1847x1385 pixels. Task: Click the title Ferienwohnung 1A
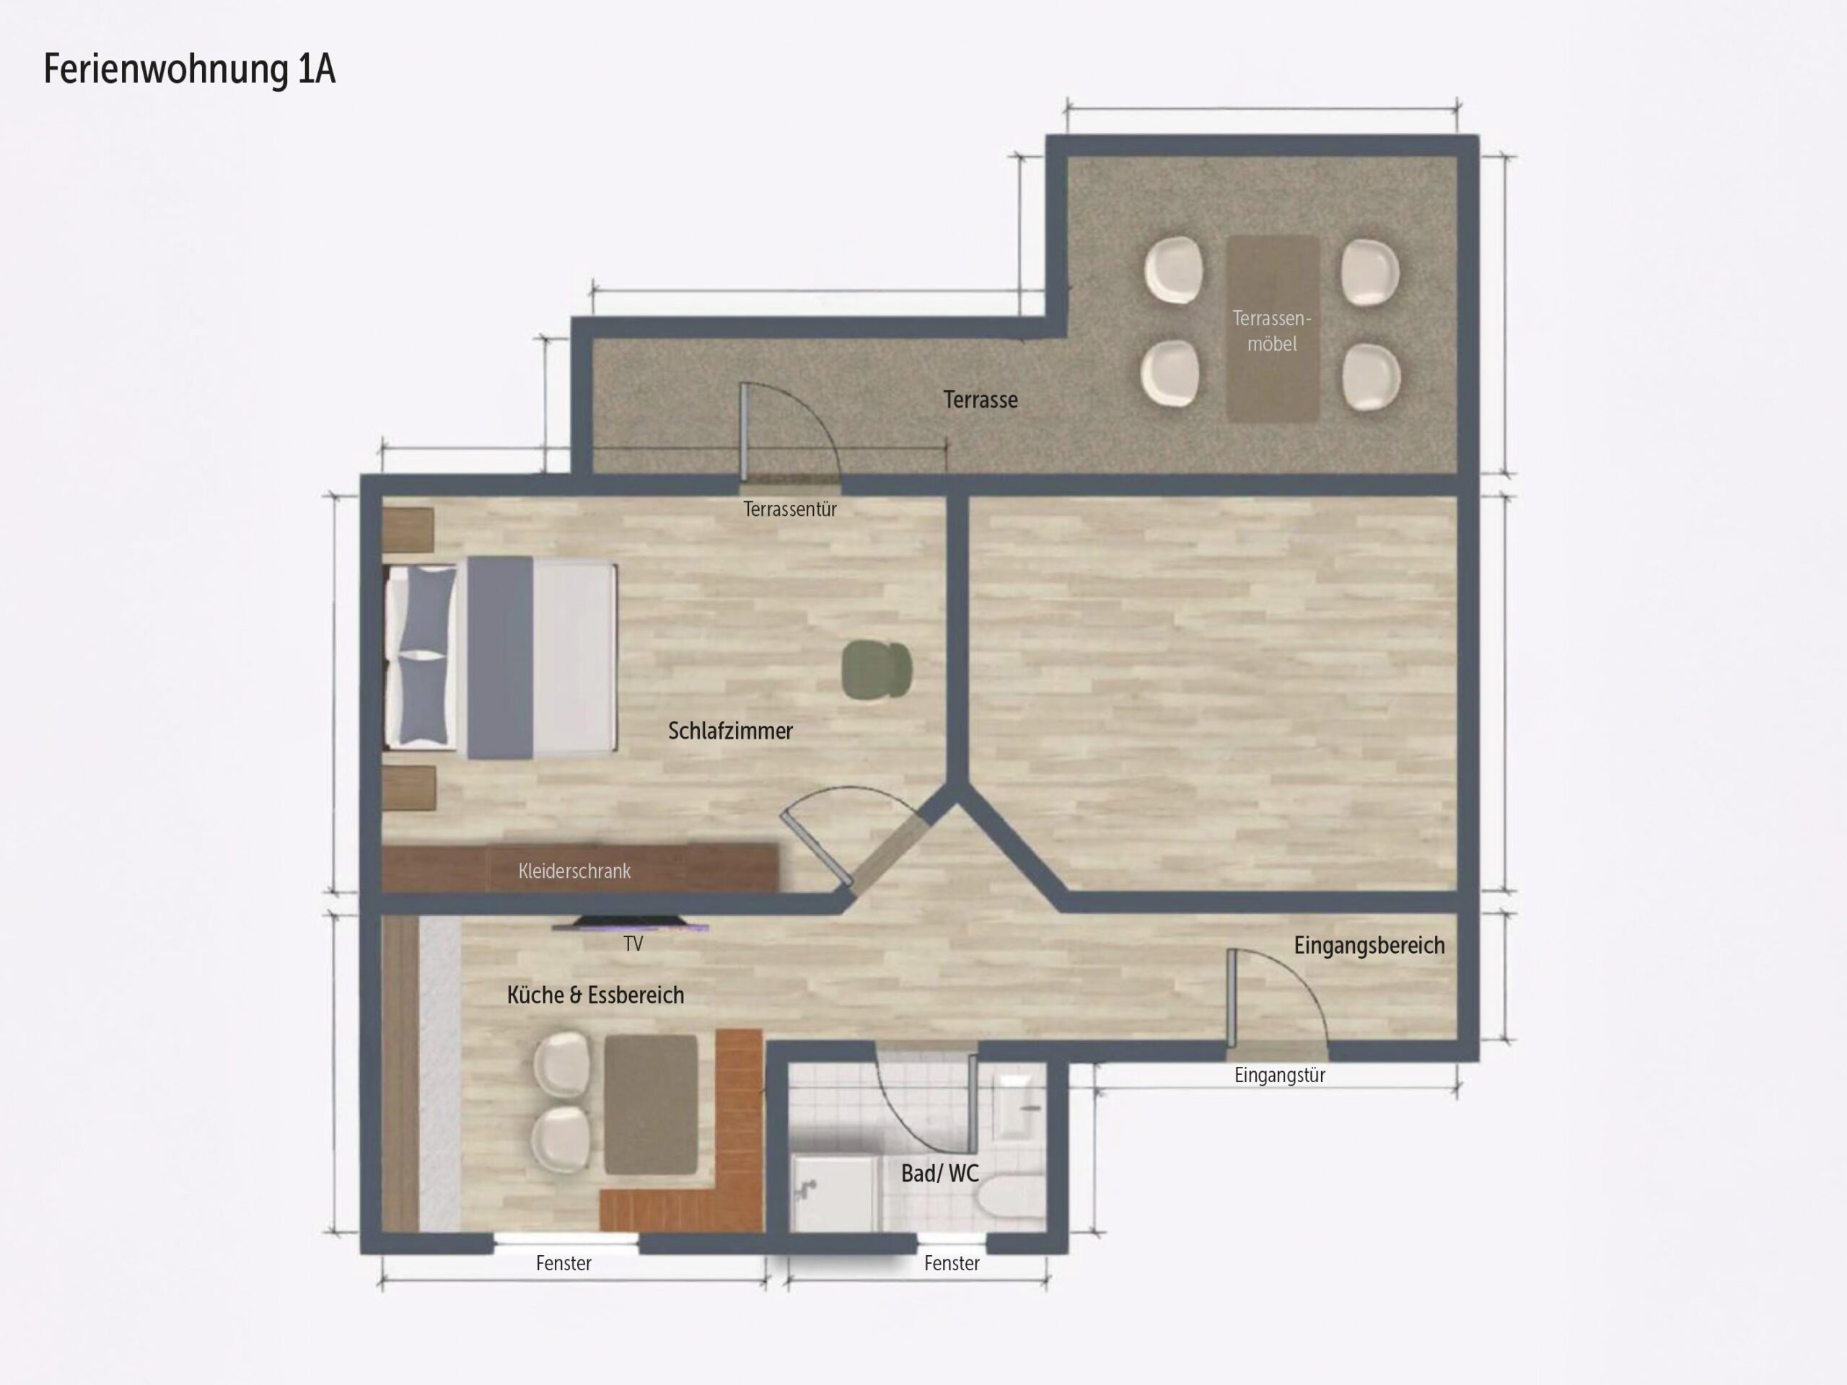click(x=190, y=69)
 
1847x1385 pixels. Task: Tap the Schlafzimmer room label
click(x=731, y=731)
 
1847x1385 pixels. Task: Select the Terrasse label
click(x=980, y=400)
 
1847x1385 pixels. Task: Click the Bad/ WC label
click(x=939, y=1173)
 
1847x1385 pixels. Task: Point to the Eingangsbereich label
click(x=1369, y=945)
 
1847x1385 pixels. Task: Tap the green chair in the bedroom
click(x=877, y=669)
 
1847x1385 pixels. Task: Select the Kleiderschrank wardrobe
click(x=580, y=869)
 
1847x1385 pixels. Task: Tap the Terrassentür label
click(x=790, y=509)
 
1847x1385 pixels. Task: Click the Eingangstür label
click(x=1280, y=1076)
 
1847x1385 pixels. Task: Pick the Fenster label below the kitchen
click(x=563, y=1263)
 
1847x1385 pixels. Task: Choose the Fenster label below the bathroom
click(x=952, y=1263)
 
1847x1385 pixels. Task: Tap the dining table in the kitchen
click(x=652, y=1104)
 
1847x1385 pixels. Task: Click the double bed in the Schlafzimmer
click(x=500, y=657)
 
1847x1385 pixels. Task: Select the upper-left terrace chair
click(x=1175, y=271)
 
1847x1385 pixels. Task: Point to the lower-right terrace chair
click(x=1371, y=377)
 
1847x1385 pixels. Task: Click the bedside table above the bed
click(x=408, y=530)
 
